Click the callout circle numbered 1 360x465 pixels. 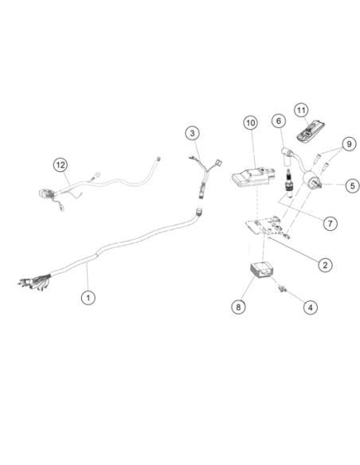tap(88, 297)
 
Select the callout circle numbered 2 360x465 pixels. tap(325, 265)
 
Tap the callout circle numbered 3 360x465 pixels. tap(193, 133)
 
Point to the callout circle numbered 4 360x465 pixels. tap(310, 307)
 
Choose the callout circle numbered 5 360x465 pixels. tap(352, 186)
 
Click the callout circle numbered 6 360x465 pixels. tap(279, 121)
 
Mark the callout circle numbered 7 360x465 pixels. tap(330, 223)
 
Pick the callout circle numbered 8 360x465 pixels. tap(238, 307)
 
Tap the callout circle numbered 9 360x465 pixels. tap(349, 144)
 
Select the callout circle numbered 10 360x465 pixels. tap(251, 123)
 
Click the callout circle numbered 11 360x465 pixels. tap(301, 111)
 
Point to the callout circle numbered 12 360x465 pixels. tap(61, 165)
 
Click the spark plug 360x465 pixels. tap(288, 184)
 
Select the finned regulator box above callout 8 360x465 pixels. tap(261, 270)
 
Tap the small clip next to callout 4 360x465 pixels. tap(282, 288)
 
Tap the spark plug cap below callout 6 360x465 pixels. tap(287, 157)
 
